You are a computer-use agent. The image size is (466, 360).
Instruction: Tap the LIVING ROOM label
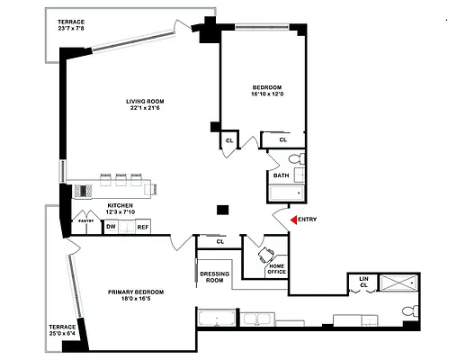click(142, 101)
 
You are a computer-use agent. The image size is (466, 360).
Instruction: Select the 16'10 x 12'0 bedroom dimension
click(266, 94)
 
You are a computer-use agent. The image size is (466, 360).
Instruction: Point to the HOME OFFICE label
click(276, 268)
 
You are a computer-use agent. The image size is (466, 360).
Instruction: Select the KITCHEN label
click(121, 206)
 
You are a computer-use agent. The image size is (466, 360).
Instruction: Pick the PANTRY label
click(86, 220)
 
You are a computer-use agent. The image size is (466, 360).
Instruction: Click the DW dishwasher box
click(111, 227)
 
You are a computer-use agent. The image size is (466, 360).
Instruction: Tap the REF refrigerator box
click(142, 227)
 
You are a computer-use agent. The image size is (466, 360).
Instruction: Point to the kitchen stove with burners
click(84, 190)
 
